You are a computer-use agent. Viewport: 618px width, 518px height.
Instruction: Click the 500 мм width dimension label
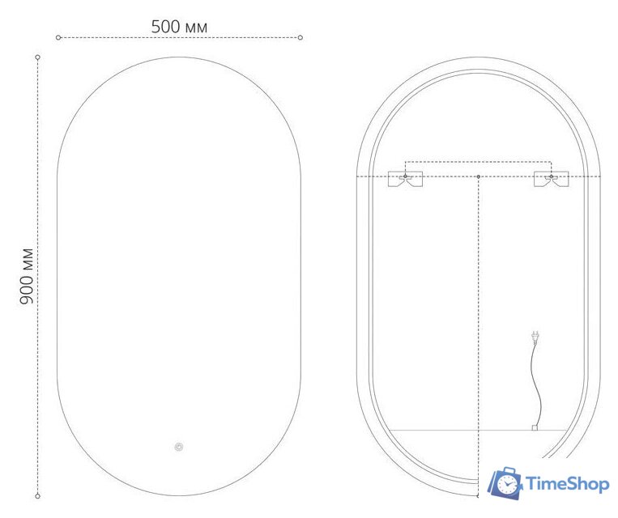(x=179, y=27)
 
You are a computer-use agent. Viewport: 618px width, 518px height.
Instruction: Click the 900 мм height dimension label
(x=27, y=276)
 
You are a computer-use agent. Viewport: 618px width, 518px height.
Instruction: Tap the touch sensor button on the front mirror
(x=178, y=446)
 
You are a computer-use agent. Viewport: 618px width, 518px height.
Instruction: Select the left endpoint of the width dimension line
(x=58, y=37)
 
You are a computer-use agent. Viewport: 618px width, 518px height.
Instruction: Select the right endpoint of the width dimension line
(x=300, y=37)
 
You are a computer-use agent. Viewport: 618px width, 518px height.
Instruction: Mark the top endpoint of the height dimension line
(x=38, y=57)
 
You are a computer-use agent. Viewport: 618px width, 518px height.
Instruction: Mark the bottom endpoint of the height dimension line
(x=38, y=495)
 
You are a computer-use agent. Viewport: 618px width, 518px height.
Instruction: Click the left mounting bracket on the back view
(x=405, y=180)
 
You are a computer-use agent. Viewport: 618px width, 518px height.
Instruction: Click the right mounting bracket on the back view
(x=551, y=180)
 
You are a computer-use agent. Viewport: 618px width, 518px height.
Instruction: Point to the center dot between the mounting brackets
(x=478, y=176)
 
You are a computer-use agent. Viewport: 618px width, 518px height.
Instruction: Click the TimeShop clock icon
(x=504, y=483)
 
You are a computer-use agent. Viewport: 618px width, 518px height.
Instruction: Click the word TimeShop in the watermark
(x=568, y=484)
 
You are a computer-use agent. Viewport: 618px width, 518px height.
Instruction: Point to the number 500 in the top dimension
(x=165, y=27)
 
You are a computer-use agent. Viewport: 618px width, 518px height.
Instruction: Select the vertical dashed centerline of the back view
(x=478, y=324)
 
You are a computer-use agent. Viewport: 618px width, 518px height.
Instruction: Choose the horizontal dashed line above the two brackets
(x=478, y=160)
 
